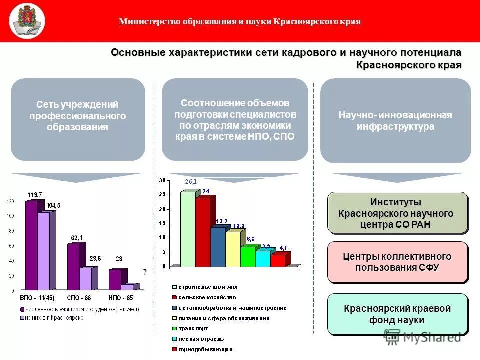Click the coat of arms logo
pyautogui.click(x=27, y=21)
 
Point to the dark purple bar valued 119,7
pyautogui.click(x=31, y=245)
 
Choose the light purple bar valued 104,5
pyautogui.click(x=44, y=251)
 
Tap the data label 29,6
pyautogui.click(x=95, y=258)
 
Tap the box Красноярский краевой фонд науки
pyautogui.click(x=397, y=314)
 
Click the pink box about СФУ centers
pyautogui.click(x=397, y=262)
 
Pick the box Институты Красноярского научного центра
pyautogui.click(x=397, y=213)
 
